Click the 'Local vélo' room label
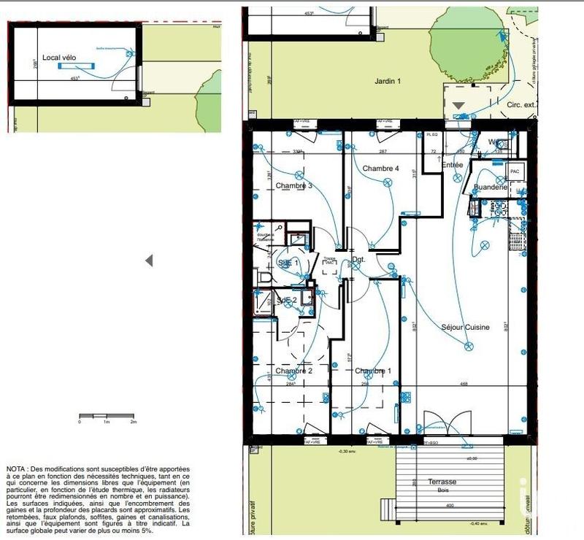click(60, 57)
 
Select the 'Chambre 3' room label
click(294, 186)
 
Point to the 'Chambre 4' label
click(380, 169)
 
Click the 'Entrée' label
click(452, 166)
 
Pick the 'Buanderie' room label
click(490, 188)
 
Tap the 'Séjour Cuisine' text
click(465, 328)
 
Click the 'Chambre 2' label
click(294, 371)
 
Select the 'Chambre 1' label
click(373, 371)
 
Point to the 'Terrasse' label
click(442, 482)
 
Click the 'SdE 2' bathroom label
click(286, 301)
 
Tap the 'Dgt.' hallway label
click(358, 259)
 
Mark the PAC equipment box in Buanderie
click(515, 172)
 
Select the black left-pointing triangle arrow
click(149, 261)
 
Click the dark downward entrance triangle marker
click(458, 106)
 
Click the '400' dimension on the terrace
click(450, 506)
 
